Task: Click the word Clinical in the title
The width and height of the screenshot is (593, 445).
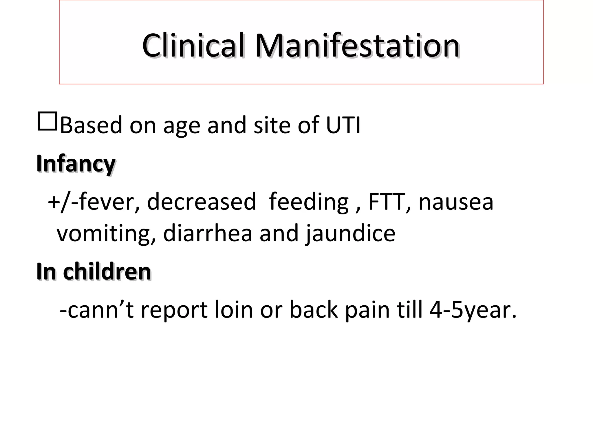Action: point(193,46)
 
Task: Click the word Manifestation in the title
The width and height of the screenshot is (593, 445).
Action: point(357,46)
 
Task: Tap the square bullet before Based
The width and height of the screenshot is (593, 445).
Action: point(47,121)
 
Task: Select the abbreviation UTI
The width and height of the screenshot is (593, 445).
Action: point(343,125)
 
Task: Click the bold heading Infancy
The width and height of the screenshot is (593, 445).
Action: point(76,164)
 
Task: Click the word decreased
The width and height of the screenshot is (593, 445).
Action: point(202,202)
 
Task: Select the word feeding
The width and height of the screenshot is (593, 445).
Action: point(309,202)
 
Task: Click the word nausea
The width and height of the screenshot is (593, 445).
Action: point(456,202)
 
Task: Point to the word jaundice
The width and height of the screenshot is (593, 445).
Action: point(350,234)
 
